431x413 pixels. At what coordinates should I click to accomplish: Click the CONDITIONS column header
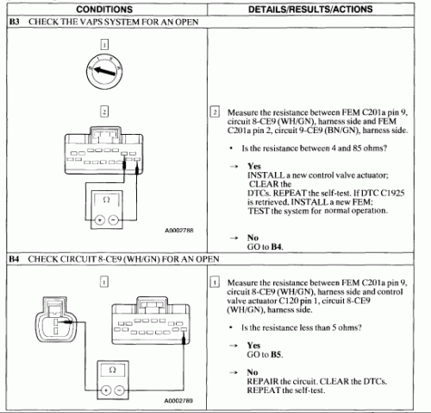coord(104,10)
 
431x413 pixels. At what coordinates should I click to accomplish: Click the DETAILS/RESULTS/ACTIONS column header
coord(310,10)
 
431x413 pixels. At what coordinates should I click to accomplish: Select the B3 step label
coord(15,22)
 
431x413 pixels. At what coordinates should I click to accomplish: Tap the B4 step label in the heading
coord(14,259)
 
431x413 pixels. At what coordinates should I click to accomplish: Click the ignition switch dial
coord(104,71)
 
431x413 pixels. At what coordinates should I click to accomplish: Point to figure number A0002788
coord(179,231)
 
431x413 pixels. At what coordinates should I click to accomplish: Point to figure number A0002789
coord(178,401)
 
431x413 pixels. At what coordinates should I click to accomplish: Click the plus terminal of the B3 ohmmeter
coord(100,220)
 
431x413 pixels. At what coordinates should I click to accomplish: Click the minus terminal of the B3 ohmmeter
coord(114,220)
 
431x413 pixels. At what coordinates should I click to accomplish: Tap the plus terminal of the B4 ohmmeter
coord(106,391)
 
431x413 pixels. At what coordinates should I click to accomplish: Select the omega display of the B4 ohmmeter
coord(113,370)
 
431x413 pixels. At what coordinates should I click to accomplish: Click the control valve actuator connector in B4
coord(56,320)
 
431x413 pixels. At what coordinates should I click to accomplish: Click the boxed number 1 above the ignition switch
coord(104,45)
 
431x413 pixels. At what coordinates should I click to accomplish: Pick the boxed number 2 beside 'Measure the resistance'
coord(215,112)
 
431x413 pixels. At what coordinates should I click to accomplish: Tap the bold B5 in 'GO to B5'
coord(276,354)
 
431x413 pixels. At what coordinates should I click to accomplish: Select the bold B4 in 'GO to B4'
coord(277,247)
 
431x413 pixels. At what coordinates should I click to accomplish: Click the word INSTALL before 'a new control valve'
coord(262,175)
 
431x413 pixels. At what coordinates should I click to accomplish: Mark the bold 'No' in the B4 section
coord(253,372)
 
